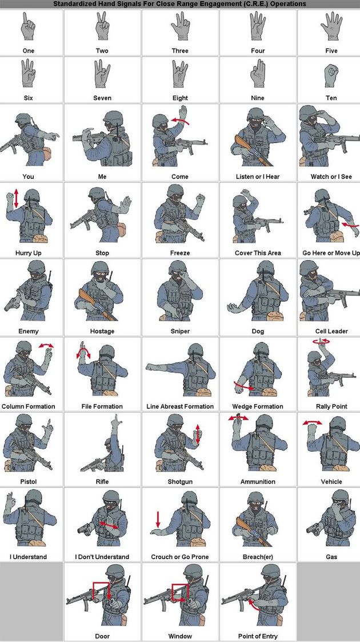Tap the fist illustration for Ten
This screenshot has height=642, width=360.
click(x=331, y=75)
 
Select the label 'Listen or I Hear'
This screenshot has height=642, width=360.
click(x=258, y=177)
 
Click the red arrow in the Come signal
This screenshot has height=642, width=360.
click(x=181, y=121)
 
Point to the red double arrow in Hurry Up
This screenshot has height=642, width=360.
click(x=16, y=198)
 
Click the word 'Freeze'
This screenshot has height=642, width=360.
click(x=180, y=253)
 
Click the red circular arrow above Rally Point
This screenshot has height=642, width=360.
click(x=321, y=341)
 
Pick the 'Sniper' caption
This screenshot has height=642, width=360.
click(x=180, y=331)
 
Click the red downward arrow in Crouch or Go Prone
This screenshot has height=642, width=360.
click(x=158, y=519)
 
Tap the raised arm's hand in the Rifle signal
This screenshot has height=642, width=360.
click(x=117, y=421)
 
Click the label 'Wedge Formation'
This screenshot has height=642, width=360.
click(x=258, y=406)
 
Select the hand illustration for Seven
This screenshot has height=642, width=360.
click(x=102, y=74)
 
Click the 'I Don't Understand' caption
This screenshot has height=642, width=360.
click(x=102, y=557)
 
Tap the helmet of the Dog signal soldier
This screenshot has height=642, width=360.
click(x=266, y=268)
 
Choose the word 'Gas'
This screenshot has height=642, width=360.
click(x=331, y=557)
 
